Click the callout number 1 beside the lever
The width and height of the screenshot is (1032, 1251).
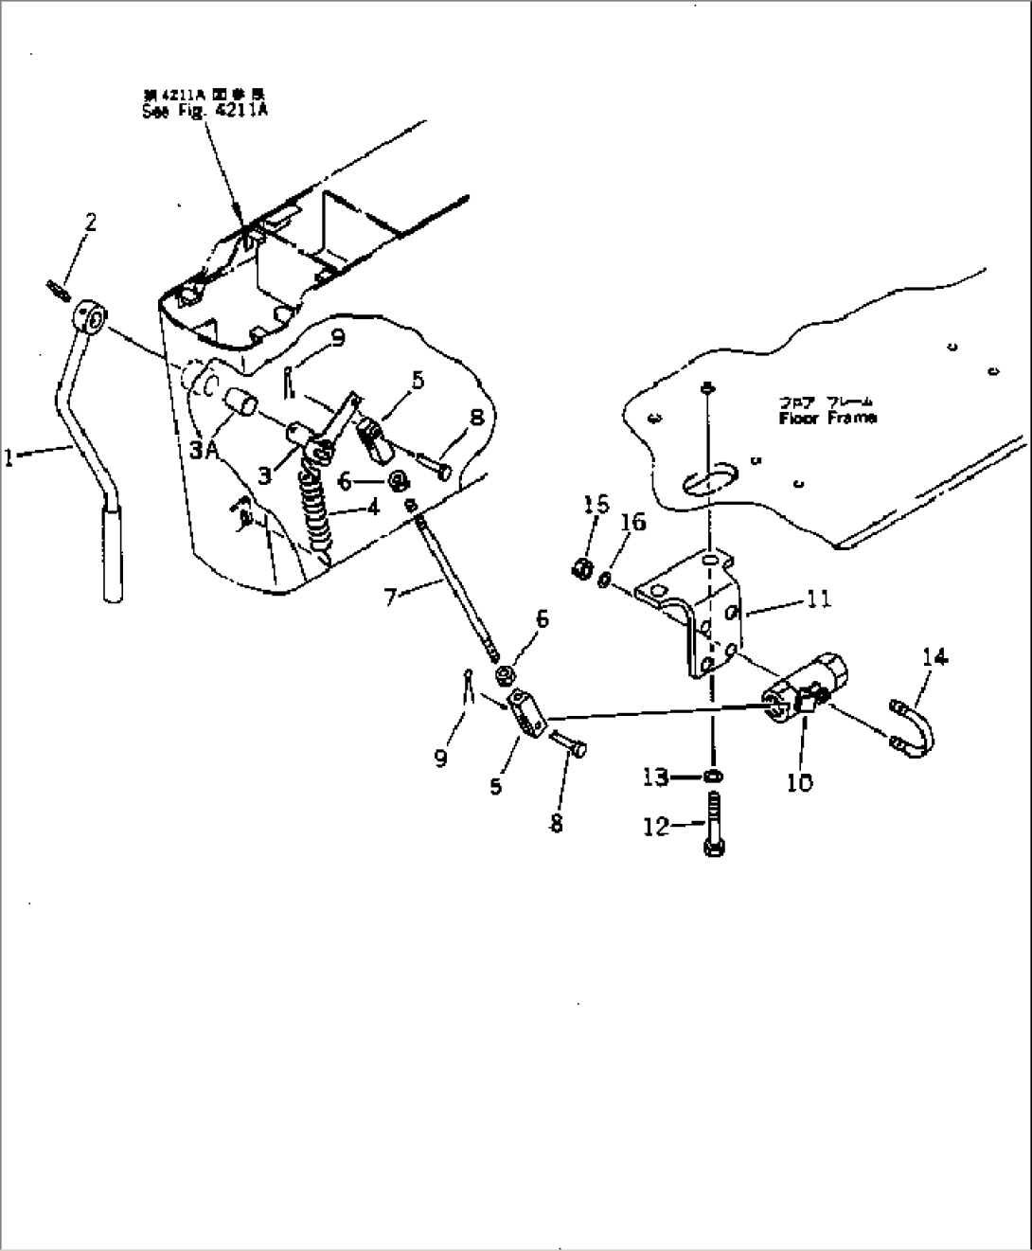click(9, 458)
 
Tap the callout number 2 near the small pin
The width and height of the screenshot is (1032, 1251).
click(90, 223)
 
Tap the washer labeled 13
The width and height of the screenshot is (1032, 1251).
click(716, 777)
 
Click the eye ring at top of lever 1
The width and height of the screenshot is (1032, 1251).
click(92, 315)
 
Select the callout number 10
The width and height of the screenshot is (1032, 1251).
click(799, 782)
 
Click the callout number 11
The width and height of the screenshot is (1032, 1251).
click(819, 598)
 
